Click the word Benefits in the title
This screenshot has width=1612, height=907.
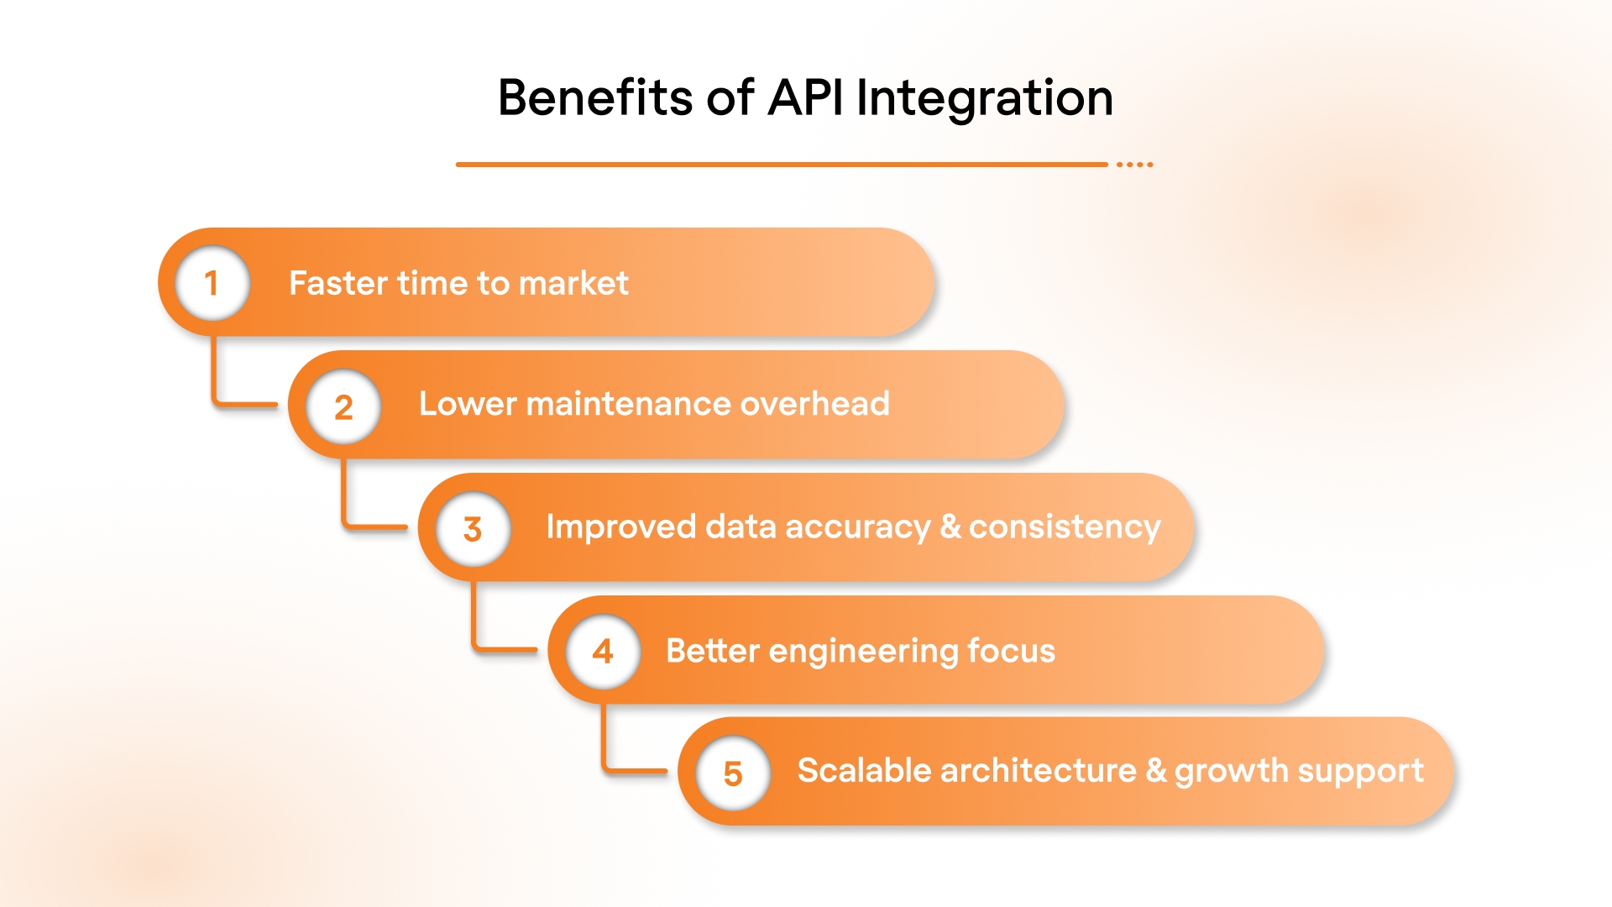[x=594, y=97]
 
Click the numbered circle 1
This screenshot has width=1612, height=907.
[x=212, y=283]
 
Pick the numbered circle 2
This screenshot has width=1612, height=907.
[x=343, y=407]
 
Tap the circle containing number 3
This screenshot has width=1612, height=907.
[x=473, y=529]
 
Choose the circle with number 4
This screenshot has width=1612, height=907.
[x=603, y=652]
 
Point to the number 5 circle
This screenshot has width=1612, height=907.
[x=733, y=773]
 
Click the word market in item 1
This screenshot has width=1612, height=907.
[x=573, y=283]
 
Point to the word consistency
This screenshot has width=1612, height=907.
[x=1065, y=527]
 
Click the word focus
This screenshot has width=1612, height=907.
[x=1011, y=651]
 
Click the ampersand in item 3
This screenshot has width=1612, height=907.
[x=950, y=527]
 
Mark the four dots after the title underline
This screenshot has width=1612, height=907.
[x=1134, y=165]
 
